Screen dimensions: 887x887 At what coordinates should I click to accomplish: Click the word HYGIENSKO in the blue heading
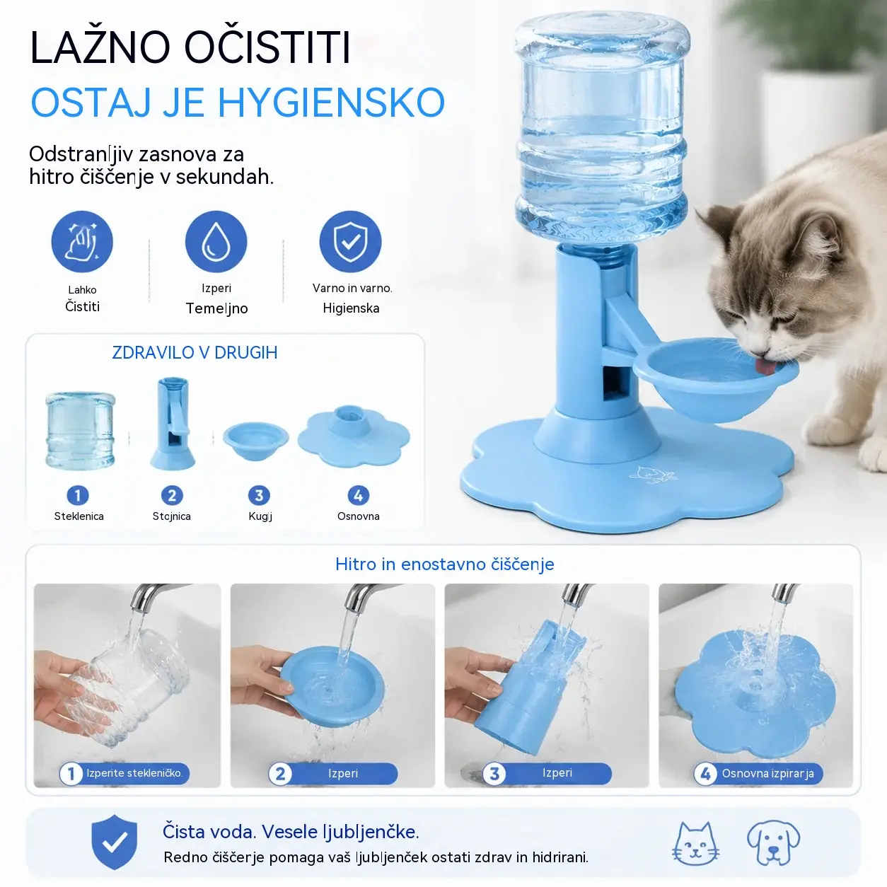tap(331, 102)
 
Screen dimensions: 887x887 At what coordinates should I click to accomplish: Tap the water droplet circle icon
tap(216, 242)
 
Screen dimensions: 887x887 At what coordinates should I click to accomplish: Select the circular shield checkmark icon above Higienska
tap(350, 242)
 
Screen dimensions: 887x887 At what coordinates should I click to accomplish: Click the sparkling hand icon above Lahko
tap(82, 242)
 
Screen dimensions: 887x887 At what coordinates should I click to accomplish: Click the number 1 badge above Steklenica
tap(78, 495)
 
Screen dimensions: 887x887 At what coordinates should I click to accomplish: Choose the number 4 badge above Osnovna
tap(359, 495)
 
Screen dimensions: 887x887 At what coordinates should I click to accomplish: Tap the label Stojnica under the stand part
tap(172, 516)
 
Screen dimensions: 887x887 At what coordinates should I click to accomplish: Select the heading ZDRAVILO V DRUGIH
tap(195, 352)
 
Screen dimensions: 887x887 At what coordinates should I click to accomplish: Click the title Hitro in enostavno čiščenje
tap(445, 564)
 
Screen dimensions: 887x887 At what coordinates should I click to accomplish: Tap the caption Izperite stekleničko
tap(135, 773)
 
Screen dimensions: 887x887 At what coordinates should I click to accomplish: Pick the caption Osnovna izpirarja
tap(767, 773)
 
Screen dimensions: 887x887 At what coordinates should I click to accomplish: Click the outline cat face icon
tap(695, 842)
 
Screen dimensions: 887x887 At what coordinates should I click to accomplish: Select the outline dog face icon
tap(773, 842)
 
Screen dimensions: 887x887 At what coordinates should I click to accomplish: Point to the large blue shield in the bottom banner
tap(114, 842)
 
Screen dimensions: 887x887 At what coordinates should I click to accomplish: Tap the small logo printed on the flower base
tap(654, 475)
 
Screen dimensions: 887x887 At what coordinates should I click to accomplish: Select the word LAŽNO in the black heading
tap(100, 47)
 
